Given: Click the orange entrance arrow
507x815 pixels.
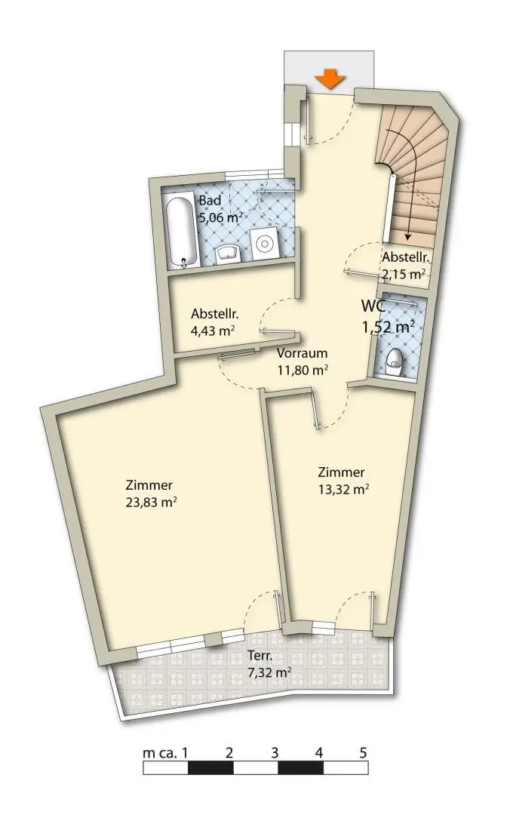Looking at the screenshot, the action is (330, 79).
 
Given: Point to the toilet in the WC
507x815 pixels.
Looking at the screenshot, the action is (395, 360).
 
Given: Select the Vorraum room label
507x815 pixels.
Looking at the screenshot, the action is (302, 353).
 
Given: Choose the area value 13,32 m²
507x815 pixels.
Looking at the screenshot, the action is (343, 489).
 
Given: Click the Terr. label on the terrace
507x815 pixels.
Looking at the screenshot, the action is (260, 656).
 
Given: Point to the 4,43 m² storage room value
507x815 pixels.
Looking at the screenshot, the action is (214, 331).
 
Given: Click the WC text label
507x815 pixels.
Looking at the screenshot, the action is (373, 306).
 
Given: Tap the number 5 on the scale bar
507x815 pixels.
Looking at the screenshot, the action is (363, 752).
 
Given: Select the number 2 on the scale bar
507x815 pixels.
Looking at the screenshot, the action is (229, 752).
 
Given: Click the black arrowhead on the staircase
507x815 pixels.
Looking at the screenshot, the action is (407, 236).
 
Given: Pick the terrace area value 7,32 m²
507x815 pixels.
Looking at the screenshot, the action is (269, 672).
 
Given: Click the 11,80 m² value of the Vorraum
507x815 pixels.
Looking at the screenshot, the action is (302, 371).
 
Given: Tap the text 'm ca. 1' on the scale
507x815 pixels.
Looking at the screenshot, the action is (166, 752).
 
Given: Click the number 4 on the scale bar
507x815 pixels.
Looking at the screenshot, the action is (318, 752).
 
